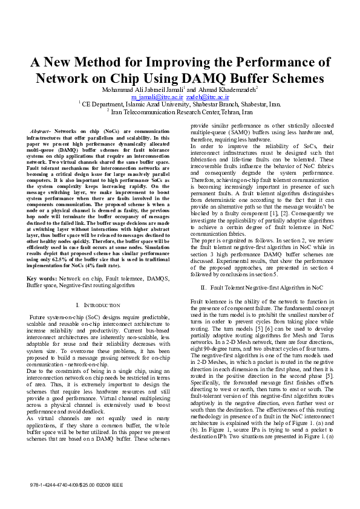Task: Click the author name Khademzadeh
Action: [232, 90]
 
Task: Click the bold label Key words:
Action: [42, 278]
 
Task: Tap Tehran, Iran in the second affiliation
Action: [237, 111]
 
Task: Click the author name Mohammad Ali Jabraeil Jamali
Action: [143, 90]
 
